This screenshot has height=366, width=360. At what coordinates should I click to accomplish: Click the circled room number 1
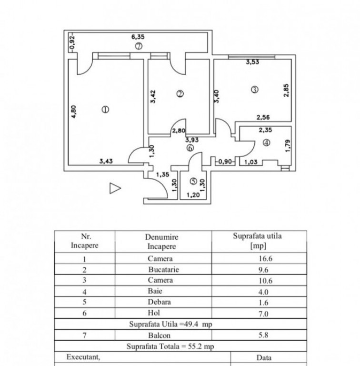coord(105,109)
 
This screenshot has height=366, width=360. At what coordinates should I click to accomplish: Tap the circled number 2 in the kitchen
coord(180,94)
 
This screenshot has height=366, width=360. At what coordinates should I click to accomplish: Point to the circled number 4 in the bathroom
coord(266,142)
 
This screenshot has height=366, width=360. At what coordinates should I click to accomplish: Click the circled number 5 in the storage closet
coord(193,181)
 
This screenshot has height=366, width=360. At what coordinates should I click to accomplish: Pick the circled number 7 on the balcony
coord(138,46)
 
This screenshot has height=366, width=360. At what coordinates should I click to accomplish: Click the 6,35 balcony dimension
coord(138,35)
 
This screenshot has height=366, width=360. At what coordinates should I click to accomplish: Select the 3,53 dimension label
coord(252,62)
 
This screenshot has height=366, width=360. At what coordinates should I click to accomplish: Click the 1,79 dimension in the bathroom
coord(287,145)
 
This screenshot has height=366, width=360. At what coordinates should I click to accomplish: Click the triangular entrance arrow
coord(115,188)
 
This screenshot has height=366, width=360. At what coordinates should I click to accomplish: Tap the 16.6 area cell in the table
coord(264,259)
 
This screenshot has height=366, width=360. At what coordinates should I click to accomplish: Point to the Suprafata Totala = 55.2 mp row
coord(170,346)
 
